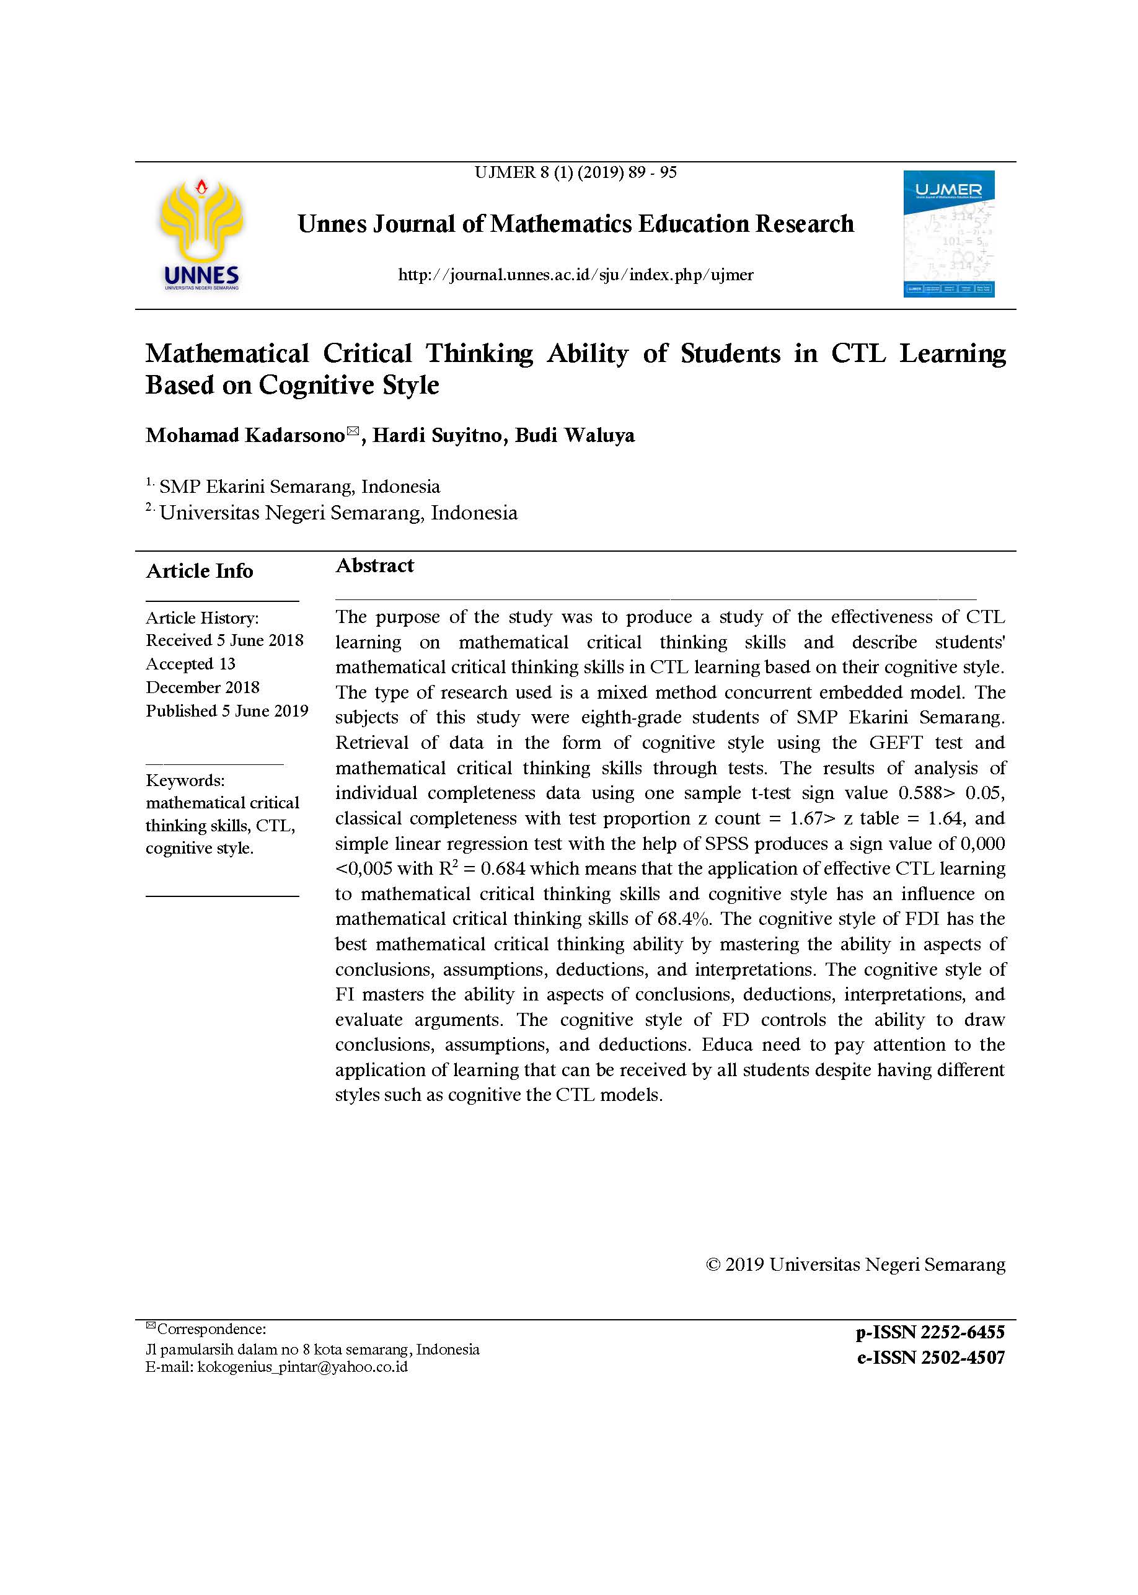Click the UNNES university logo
coord(201,234)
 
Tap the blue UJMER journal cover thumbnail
coord(948,233)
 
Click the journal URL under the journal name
coord(575,275)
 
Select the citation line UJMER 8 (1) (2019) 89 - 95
coord(575,172)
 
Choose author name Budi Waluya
coord(575,435)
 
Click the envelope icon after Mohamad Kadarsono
coord(353,431)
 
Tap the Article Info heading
coord(200,571)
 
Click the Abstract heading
coord(374,565)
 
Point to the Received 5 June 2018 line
coord(224,640)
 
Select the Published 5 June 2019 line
coord(227,710)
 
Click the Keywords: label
coord(185,780)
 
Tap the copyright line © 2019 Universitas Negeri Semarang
coord(855,1264)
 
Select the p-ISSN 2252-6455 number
coord(930,1332)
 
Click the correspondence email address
coord(302,1366)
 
